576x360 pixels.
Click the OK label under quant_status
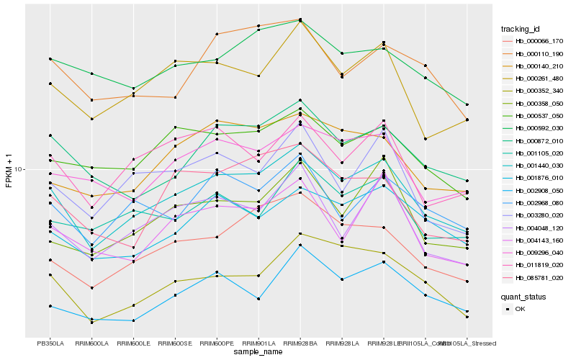pyautogui.click(x=520, y=309)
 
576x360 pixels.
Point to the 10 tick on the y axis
pyautogui.click(x=19, y=169)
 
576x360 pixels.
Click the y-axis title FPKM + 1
pyautogui.click(x=9, y=169)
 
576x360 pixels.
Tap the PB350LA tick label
pyautogui.click(x=50, y=343)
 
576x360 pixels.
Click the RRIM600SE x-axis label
pyautogui.click(x=175, y=343)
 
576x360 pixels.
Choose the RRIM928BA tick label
pyautogui.click(x=300, y=343)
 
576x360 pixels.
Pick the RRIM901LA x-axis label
pyautogui.click(x=258, y=343)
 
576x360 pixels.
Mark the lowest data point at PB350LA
pyautogui.click(x=50, y=306)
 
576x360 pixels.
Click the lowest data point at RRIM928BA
pyautogui.click(x=300, y=246)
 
